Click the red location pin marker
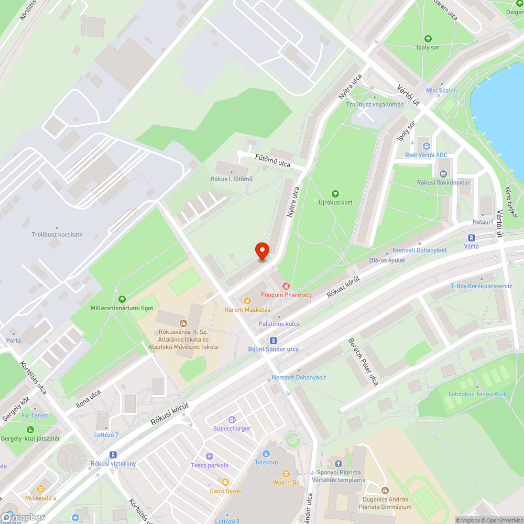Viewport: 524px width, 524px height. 262,252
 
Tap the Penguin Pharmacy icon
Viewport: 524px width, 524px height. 286,286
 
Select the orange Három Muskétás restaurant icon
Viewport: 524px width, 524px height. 247,301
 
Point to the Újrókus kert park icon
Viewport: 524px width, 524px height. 335,194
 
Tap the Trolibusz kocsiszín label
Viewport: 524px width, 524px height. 57,234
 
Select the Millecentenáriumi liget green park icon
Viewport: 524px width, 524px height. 122,299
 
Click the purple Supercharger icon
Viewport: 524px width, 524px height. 232,420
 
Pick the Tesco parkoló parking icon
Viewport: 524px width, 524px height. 210,456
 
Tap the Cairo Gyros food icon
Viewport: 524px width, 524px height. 225,482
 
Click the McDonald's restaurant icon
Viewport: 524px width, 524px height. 41,489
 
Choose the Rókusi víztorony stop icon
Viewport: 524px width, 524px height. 113,455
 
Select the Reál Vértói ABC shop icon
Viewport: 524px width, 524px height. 426,146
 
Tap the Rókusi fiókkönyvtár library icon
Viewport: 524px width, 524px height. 443,173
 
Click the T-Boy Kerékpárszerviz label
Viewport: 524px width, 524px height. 481,286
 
